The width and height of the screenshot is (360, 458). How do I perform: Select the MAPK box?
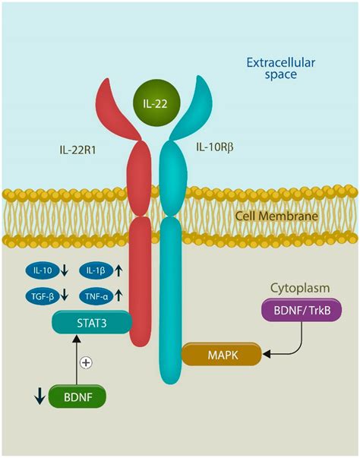(x=220, y=352)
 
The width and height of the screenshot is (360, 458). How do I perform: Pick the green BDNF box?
(x=77, y=396)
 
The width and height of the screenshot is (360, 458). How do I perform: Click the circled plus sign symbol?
(x=86, y=362)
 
